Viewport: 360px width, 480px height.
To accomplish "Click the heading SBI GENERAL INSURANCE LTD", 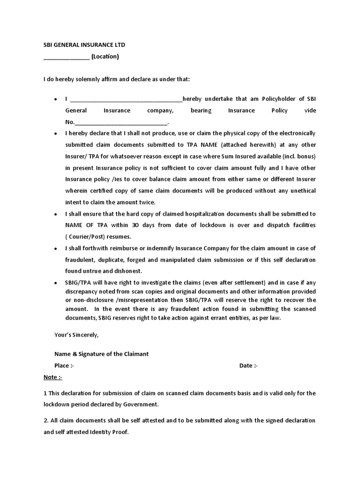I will [84, 45].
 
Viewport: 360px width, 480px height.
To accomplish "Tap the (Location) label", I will [105, 57].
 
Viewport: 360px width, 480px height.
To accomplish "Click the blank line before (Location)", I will [66, 58].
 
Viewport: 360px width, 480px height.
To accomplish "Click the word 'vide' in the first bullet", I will [310, 111].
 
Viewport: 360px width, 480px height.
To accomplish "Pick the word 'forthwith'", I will [94, 248].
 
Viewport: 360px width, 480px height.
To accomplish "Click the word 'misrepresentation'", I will [134, 300].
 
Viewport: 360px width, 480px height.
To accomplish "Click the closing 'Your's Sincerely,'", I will [77, 335].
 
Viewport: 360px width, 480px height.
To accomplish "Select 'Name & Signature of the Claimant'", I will [101, 354].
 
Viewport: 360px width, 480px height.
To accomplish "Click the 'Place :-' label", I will [64, 366].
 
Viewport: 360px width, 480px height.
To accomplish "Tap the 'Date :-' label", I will [248, 366].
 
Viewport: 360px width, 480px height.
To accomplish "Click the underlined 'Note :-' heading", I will [53, 377].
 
